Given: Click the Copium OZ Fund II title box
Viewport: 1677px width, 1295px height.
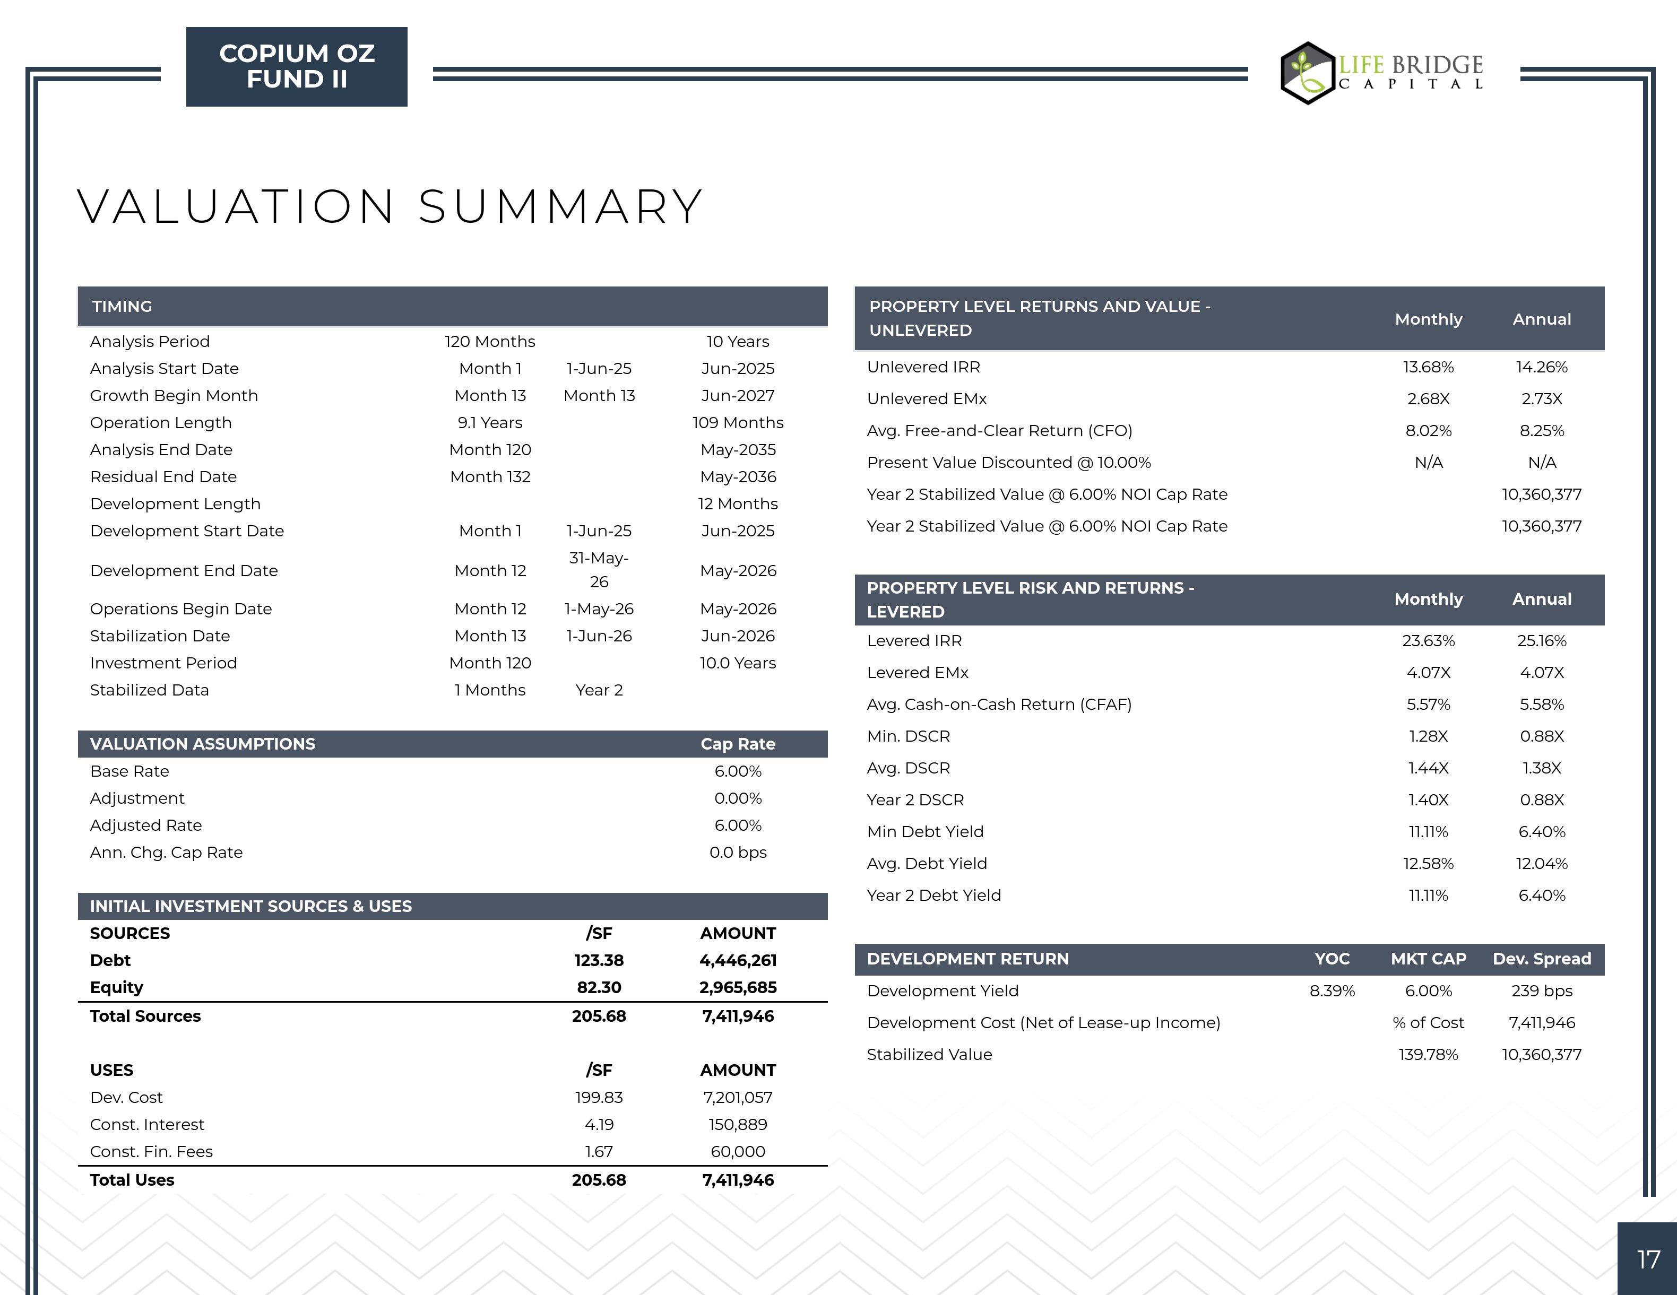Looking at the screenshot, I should pos(296,67).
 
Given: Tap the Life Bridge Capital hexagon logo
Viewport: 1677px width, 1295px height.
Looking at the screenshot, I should pos(1308,73).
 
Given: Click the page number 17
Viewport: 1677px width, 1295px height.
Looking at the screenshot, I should pos(1648,1259).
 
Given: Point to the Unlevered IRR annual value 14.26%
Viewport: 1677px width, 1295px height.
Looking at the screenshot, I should pos(1541,367).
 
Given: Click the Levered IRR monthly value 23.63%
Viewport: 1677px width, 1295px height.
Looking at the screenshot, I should pos(1428,640).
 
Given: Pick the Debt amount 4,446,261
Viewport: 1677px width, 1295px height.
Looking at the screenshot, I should pos(737,960).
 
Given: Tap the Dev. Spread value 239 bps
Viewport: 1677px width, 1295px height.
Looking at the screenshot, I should pos(1541,990).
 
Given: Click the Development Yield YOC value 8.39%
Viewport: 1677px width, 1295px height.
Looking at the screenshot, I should pos(1332,990).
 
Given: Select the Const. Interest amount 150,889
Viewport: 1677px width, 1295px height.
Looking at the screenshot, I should pos(737,1125).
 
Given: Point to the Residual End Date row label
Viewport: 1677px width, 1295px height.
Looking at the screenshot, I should pos(163,477).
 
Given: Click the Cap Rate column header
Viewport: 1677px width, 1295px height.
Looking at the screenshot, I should pos(737,744).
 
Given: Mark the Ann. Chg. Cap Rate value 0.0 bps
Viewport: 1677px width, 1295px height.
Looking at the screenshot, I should pos(737,852).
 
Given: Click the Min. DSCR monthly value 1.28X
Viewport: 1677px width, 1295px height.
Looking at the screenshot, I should pos(1428,736).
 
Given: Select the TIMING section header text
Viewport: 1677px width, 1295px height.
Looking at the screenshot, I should pos(122,306).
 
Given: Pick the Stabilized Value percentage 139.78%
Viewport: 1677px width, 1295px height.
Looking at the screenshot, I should pos(1428,1054).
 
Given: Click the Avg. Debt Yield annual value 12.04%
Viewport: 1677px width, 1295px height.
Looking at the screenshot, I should pos(1541,864).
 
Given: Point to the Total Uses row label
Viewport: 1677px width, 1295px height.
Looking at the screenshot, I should pos(132,1180).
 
